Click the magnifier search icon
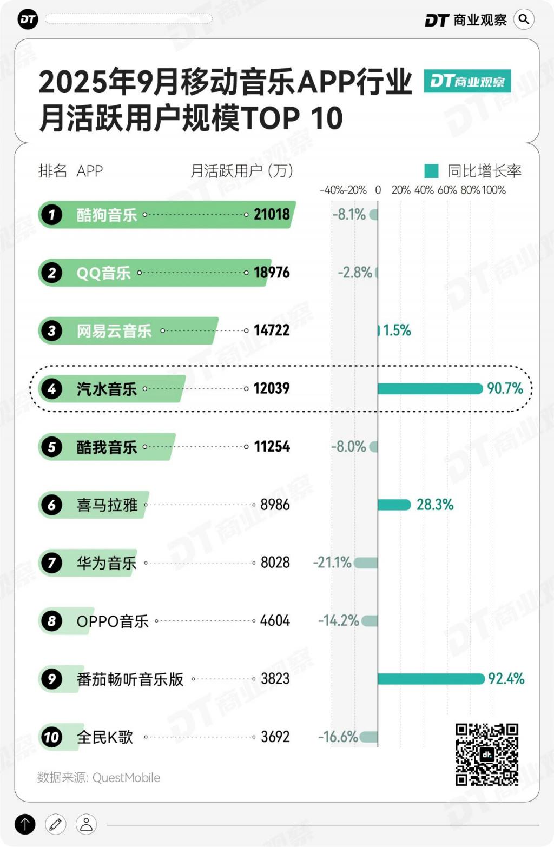tap(523, 19)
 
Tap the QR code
tap(486, 754)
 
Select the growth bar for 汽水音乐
tap(430, 388)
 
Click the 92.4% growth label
tap(506, 678)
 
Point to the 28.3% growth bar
tap(394, 505)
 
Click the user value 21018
tap(272, 214)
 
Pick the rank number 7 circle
tap(51, 563)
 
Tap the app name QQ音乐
tap(103, 273)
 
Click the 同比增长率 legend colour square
tap(431, 171)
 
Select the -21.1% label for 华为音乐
tap(332, 563)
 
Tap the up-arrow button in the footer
tap(25, 824)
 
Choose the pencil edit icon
tap(55, 824)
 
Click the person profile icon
tap(86, 824)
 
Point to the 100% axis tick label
tap(493, 190)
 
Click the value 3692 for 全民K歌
tap(275, 736)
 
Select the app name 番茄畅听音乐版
tap(130, 679)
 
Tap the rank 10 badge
tap(51, 737)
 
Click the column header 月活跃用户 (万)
tap(241, 171)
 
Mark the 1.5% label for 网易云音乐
tap(397, 330)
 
